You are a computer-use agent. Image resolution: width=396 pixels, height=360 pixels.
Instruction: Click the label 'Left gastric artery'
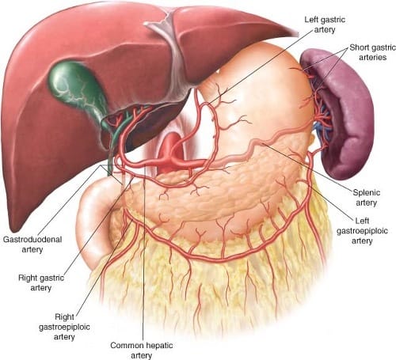click(x=325, y=25)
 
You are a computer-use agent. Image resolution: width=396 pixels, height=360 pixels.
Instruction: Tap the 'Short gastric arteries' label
click(x=372, y=52)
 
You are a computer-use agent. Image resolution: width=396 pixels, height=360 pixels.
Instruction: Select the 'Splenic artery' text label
click(x=367, y=197)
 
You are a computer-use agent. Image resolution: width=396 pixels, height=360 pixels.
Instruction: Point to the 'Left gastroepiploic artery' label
click(x=362, y=230)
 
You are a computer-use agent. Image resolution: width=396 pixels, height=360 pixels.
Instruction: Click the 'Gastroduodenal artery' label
click(x=32, y=244)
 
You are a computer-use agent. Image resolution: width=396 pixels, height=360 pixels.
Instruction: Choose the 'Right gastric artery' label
click(x=41, y=282)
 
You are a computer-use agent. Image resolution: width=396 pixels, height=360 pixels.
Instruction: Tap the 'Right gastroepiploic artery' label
click(x=64, y=327)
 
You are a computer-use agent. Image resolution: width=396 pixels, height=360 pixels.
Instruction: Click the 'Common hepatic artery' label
click(x=142, y=350)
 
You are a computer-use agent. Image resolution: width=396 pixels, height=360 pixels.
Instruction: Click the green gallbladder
click(x=77, y=87)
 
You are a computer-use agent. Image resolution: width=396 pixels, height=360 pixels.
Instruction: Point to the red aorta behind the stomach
click(x=172, y=150)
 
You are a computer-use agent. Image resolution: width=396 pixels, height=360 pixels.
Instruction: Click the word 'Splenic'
click(x=367, y=192)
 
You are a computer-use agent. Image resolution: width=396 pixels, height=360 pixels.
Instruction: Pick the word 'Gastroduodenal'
click(x=32, y=240)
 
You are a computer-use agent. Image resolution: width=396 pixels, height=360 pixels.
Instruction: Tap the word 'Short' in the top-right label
click(x=358, y=47)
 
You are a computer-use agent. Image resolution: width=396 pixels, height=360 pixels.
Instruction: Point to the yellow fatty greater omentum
click(x=211, y=285)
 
